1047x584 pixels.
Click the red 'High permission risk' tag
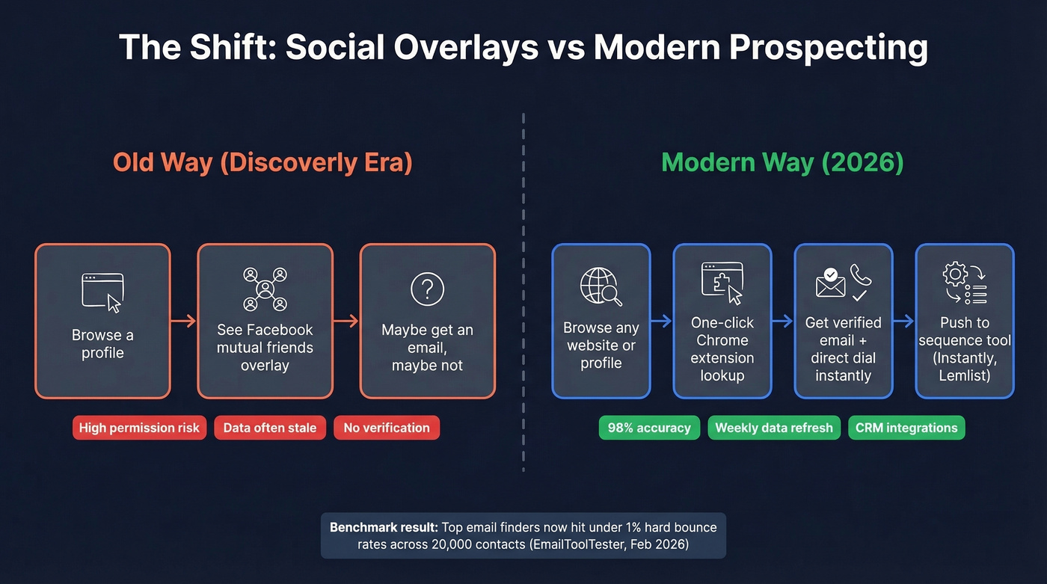139,428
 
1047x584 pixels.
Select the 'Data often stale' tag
270,428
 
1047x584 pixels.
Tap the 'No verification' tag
387,428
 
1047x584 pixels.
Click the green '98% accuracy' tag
649,428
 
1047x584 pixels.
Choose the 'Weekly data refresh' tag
773,428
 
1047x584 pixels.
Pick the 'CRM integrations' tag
906,428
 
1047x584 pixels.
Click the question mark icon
427,289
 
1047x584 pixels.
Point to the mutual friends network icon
265,289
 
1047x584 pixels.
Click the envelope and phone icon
843,283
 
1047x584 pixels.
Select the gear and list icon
965,283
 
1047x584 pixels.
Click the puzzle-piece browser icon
722,283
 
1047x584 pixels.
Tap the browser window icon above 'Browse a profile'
102,292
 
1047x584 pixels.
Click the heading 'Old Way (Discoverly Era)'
262,163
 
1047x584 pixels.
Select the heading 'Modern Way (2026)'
783,163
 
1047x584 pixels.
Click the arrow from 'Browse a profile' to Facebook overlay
183,322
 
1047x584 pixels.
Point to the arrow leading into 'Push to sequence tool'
903,322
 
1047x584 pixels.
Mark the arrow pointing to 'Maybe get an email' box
346,322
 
